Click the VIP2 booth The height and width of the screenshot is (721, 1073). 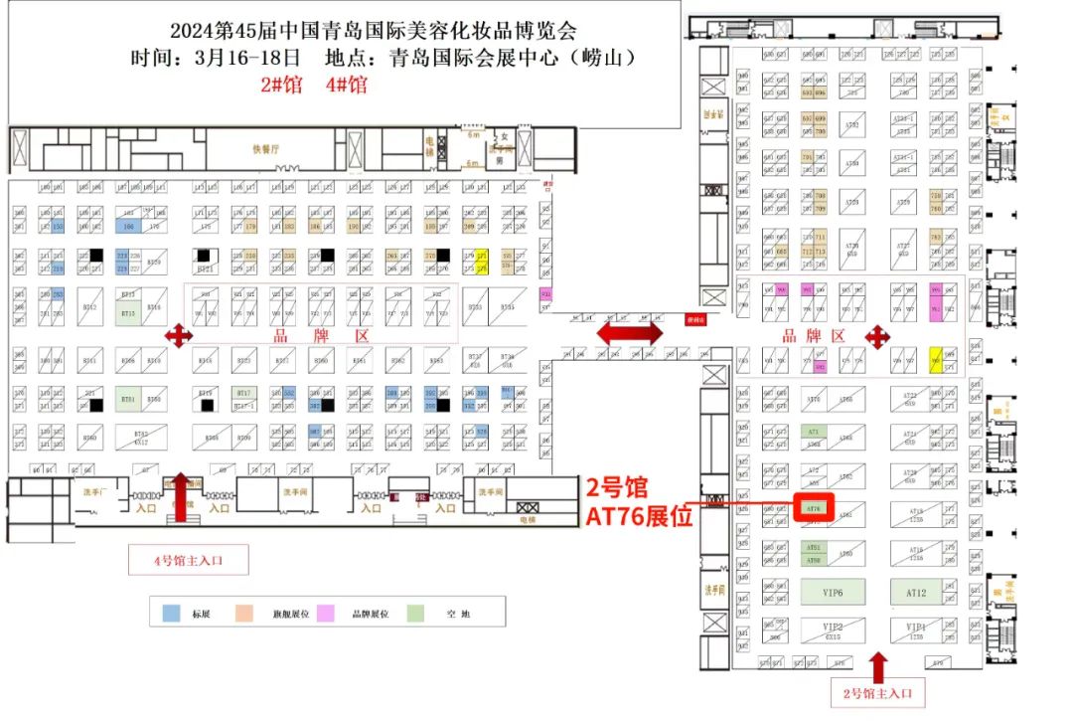833,631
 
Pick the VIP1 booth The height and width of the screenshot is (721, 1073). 915,631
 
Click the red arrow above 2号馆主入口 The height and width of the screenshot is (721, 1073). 877,664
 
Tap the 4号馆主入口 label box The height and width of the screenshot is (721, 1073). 188,561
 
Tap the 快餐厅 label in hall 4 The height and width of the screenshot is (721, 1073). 266,149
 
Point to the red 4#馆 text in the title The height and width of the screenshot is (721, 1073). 346,85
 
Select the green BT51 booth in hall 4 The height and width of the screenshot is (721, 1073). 128,398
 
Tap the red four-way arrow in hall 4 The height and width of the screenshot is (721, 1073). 178,336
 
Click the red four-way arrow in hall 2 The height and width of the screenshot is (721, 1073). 877,336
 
